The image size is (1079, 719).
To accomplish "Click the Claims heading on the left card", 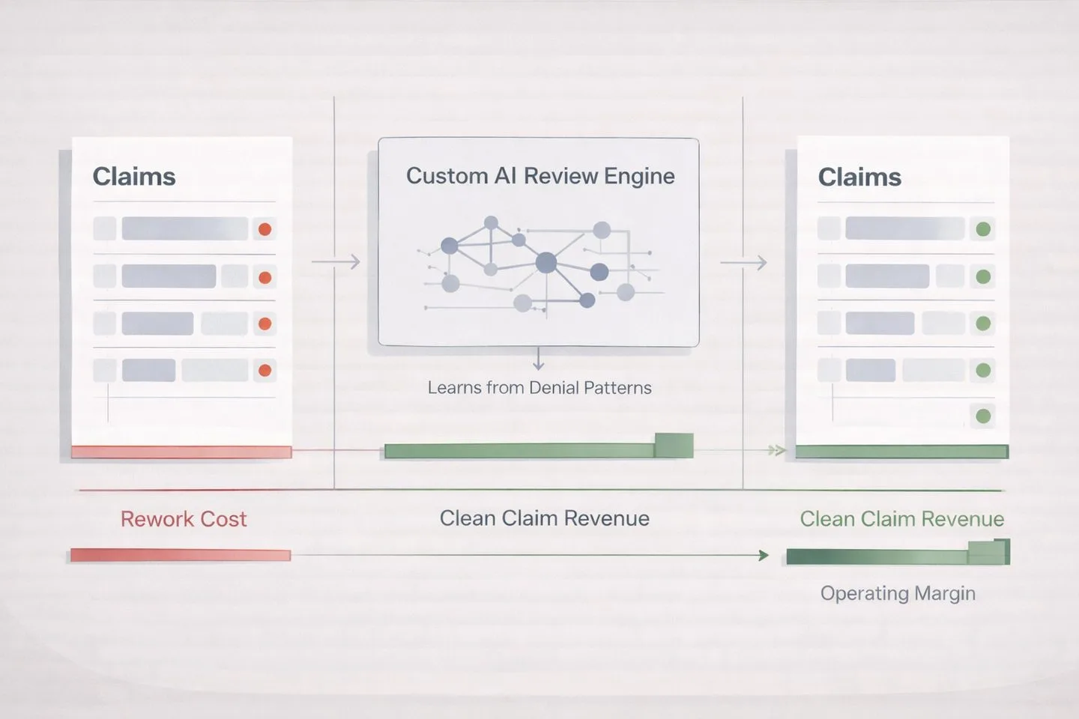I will tap(133, 177).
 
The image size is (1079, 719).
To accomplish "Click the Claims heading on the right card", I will tap(859, 178).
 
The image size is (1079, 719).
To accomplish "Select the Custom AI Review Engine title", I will tap(539, 176).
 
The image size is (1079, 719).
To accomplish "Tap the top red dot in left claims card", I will tap(265, 229).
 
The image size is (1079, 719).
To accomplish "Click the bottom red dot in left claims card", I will tap(265, 370).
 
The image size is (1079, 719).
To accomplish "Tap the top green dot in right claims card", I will tap(983, 229).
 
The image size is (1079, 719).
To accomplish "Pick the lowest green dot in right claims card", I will tap(983, 416).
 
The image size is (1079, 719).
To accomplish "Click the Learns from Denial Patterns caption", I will tap(539, 388).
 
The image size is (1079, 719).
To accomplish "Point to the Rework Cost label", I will tap(184, 519).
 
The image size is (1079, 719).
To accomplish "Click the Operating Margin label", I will tap(898, 593).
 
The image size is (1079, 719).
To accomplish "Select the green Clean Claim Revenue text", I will tap(901, 519).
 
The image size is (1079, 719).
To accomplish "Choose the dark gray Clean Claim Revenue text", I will tap(544, 518).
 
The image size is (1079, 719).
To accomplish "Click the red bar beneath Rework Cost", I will tap(180, 555).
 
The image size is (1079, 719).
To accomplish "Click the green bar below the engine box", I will tap(537, 450).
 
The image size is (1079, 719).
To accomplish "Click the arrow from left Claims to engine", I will tap(336, 262).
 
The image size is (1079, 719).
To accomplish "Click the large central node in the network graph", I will tap(546, 262).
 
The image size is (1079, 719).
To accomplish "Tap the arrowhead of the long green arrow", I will tap(764, 555).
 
